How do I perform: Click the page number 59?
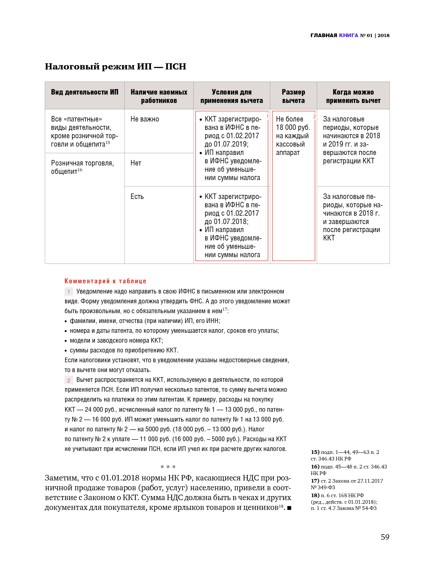385,537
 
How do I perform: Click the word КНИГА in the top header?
348,35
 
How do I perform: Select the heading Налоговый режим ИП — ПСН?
115,67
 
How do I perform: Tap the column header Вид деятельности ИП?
84,92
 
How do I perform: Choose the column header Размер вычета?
293,96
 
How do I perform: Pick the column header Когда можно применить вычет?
353,96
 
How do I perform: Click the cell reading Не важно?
144,119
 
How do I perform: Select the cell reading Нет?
136,163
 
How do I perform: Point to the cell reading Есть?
137,196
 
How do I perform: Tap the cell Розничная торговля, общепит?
82,167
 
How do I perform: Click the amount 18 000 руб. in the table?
293,127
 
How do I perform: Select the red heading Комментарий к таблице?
105,281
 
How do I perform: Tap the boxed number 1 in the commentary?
69,292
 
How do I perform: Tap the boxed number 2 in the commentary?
69,380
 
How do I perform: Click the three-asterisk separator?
168,467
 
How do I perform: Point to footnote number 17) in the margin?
315,481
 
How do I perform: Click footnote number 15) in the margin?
315,452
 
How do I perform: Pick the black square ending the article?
289,508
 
